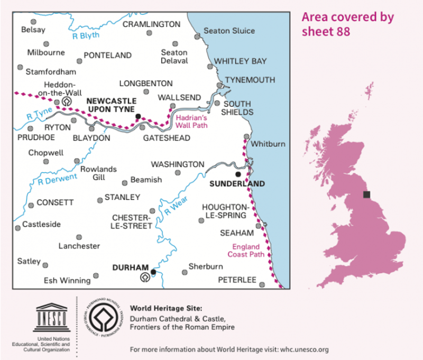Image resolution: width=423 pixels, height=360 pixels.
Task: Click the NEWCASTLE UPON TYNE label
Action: coord(111,105)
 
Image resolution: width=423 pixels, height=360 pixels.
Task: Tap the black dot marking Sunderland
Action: coord(238,174)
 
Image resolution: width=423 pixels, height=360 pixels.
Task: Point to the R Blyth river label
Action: coord(86,35)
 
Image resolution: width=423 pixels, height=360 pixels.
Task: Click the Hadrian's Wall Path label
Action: coord(191,122)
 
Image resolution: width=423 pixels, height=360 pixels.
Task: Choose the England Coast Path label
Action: coord(246,250)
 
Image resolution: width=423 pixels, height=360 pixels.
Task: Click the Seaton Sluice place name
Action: coord(229,31)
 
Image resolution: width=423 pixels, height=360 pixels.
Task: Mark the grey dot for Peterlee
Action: coord(262,284)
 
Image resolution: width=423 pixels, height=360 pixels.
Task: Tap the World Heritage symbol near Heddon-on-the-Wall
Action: coord(67,100)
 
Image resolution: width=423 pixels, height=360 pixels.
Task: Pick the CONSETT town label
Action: coord(55,202)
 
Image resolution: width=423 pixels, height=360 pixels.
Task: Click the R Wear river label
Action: coord(174,208)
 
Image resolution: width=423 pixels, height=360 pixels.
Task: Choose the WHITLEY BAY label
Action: coord(241,61)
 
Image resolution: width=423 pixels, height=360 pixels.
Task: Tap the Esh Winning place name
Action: coord(67,281)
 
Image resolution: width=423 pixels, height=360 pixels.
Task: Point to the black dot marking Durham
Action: coord(153,272)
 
